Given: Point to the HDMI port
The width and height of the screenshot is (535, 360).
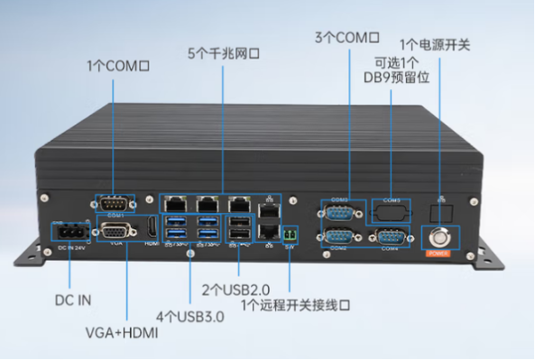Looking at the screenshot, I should click(152, 228).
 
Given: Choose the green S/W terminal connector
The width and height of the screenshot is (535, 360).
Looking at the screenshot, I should click(290, 235).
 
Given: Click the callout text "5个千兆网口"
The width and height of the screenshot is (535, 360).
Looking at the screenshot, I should click(223, 53).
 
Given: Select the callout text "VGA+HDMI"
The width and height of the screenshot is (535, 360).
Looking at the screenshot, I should click(122, 333).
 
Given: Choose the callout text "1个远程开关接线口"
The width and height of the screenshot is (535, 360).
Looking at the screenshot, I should click(294, 305).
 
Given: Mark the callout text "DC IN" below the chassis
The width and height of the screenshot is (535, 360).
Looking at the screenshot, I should click(70, 299).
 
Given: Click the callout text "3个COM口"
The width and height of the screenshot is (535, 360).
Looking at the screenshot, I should click(346, 39).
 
